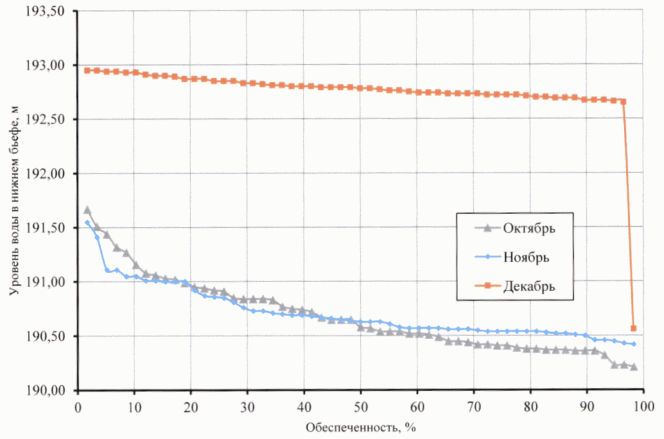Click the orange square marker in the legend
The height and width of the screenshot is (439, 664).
(488, 286)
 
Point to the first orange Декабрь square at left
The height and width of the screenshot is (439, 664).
(87, 70)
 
